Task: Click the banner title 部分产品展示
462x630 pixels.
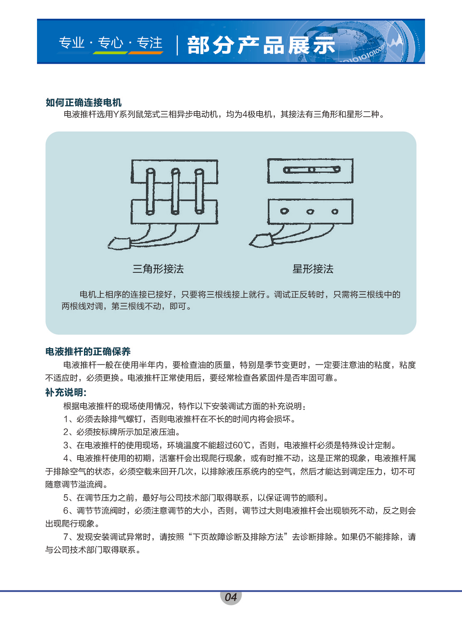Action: [261, 45]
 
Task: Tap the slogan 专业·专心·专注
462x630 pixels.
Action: [111, 43]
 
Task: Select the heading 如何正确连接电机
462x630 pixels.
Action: [84, 102]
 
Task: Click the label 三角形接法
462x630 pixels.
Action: [158, 269]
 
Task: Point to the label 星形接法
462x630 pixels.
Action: [313, 269]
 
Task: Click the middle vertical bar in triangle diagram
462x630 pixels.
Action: [175, 192]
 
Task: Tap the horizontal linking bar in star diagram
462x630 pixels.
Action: [311, 169]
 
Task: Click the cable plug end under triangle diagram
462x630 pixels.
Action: [119, 243]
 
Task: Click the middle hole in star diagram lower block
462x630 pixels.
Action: [310, 212]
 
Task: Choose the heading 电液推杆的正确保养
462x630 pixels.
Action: [88, 352]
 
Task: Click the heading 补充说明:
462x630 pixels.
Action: [66, 393]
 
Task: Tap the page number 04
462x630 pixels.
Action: [231, 597]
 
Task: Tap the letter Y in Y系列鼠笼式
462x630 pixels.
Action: [116, 114]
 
